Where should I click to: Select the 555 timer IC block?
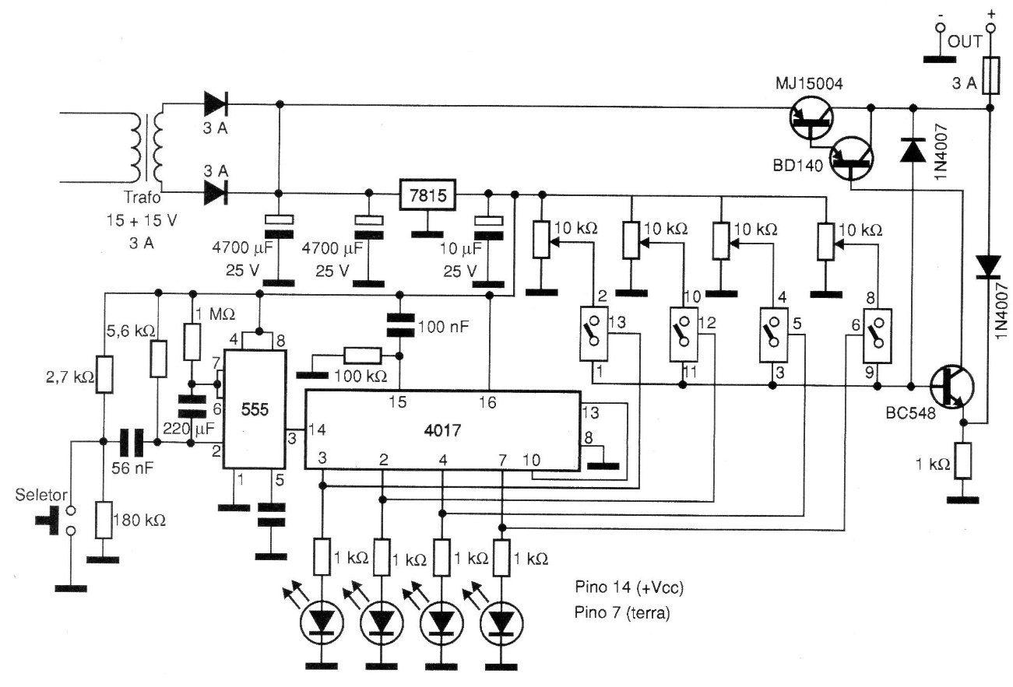coord(254,409)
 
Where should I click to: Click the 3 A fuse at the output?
coord(990,76)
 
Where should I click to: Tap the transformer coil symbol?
coord(148,148)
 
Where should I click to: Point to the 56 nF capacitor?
coord(129,443)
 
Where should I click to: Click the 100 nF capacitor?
coord(399,325)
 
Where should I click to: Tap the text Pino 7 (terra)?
coord(620,612)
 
